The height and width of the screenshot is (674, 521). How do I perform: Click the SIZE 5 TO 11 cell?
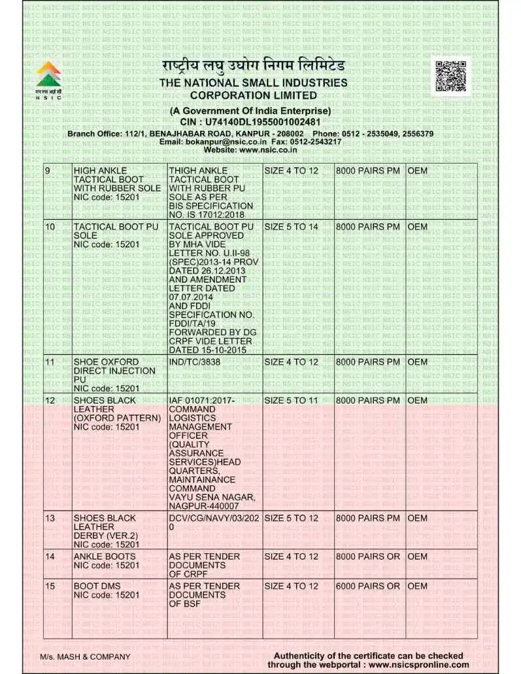coord(291,400)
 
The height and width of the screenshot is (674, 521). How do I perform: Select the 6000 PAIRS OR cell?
coord(367,586)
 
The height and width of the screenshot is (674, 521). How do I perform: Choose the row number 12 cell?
coord(50,400)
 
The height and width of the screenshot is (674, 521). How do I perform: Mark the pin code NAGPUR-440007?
coord(203,506)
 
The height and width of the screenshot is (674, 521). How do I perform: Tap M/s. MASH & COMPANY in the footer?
coord(85,656)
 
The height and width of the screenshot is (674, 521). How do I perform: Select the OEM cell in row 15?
coord(417,586)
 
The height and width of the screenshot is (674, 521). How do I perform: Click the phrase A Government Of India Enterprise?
coord(250,111)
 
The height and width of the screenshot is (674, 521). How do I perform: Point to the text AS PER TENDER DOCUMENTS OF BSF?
coord(204,595)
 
